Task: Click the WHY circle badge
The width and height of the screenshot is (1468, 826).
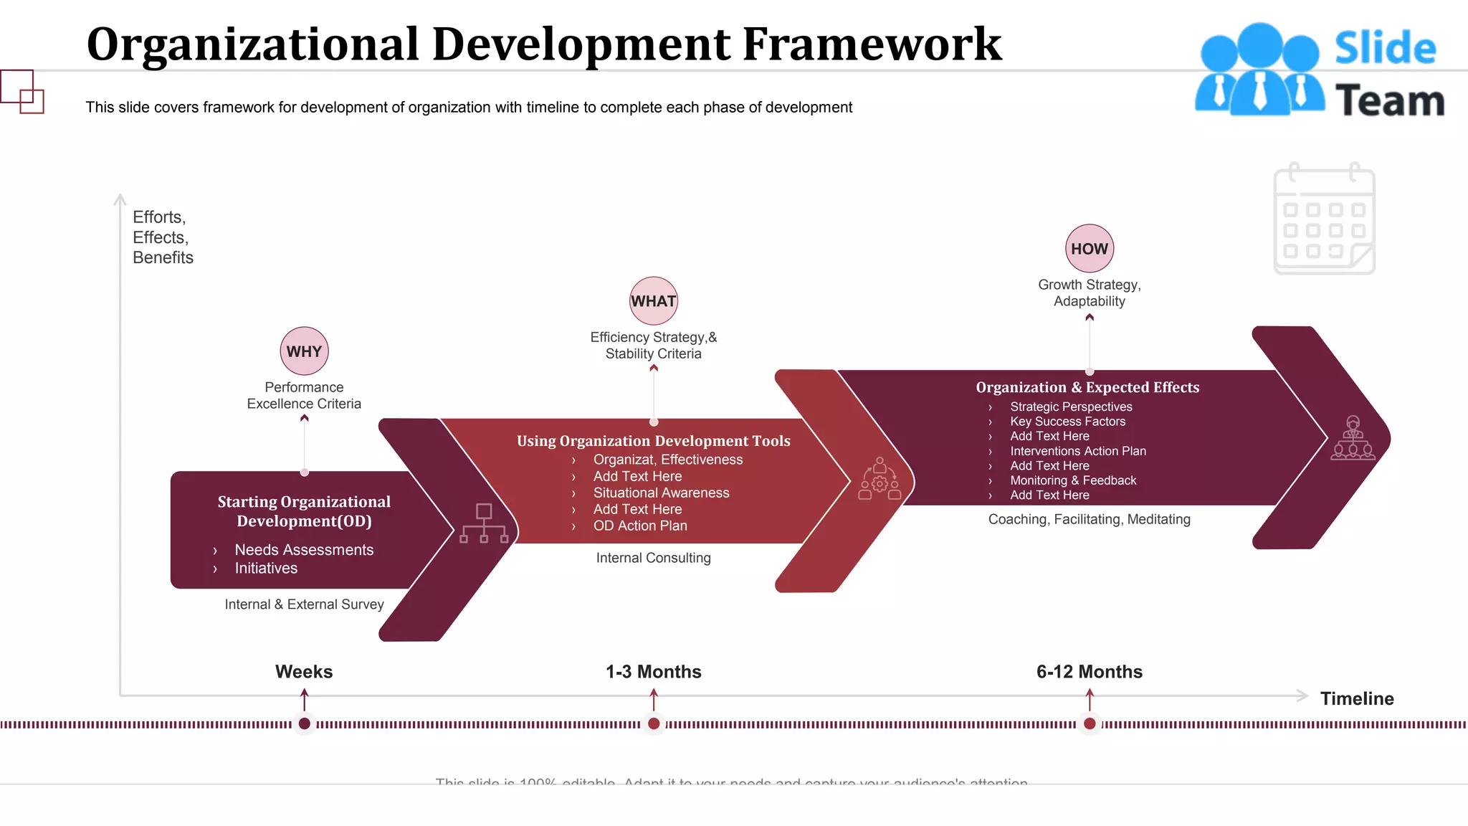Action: (x=304, y=351)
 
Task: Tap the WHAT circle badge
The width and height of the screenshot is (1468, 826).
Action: (x=653, y=301)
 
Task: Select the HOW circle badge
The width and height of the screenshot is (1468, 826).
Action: (x=1090, y=249)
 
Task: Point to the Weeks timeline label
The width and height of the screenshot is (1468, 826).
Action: (x=304, y=672)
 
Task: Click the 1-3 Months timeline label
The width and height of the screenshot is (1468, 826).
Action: (x=653, y=672)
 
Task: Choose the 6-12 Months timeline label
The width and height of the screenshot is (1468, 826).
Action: (x=1089, y=672)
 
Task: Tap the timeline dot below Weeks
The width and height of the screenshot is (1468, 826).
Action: (x=304, y=723)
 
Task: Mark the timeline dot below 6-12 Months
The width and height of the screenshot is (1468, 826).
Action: (x=1090, y=723)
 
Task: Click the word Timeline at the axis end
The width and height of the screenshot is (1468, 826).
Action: (x=1357, y=698)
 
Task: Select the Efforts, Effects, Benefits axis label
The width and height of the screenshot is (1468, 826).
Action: (x=163, y=237)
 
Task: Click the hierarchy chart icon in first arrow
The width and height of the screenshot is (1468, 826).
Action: (x=484, y=523)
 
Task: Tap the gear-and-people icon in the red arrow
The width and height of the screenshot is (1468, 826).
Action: (x=880, y=479)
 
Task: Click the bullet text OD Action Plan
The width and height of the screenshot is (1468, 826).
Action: (x=640, y=526)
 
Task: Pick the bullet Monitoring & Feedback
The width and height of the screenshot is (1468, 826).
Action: (x=1073, y=480)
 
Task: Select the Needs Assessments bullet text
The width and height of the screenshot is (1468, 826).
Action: (x=304, y=550)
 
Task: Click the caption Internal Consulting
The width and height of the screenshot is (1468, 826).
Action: (x=653, y=558)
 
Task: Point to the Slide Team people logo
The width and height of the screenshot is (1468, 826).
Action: (x=1259, y=70)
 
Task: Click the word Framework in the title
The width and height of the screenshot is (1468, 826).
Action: (x=872, y=44)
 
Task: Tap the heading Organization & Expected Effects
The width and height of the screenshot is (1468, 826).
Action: (x=1087, y=387)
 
